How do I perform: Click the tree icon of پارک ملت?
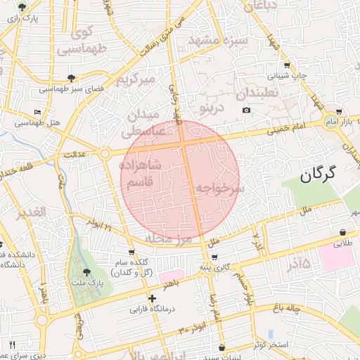point(87,272)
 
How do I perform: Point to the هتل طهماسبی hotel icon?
point(38,112)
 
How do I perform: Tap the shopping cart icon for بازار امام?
point(339,112)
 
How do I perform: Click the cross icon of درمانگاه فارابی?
point(152,298)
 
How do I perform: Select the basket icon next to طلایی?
point(342,233)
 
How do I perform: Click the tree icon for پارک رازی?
point(24,8)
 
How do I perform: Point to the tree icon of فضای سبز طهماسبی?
point(70,78)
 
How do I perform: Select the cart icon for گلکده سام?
point(131,252)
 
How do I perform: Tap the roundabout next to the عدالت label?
point(105,153)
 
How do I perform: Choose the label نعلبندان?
point(257,93)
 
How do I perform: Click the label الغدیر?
point(32,212)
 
